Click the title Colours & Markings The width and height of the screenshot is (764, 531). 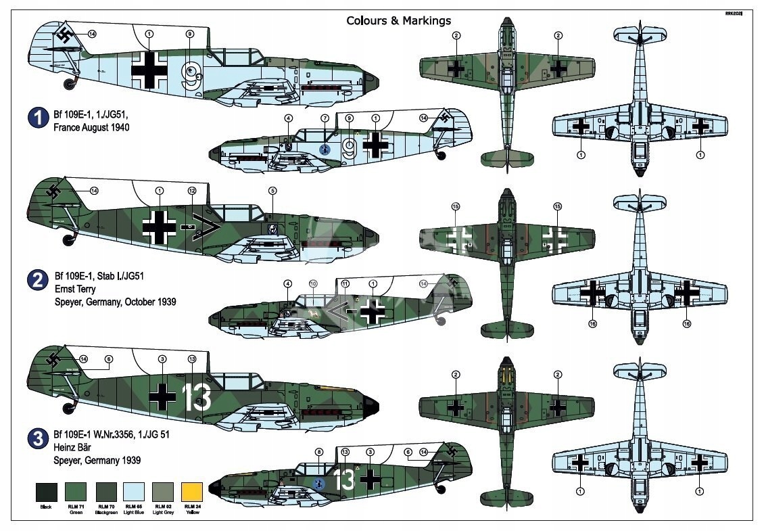point(398,20)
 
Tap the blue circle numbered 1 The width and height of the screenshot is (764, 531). point(38,119)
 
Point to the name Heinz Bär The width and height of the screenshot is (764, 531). point(74,448)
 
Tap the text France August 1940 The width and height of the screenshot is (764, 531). point(91,127)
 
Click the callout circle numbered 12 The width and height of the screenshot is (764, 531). point(192,191)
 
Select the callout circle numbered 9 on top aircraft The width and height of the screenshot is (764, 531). point(189,34)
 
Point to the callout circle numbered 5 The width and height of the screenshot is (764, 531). point(272,191)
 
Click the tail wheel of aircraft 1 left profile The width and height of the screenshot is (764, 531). point(70,84)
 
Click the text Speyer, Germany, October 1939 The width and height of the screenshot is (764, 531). point(115,302)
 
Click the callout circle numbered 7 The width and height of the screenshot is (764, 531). point(325,118)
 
